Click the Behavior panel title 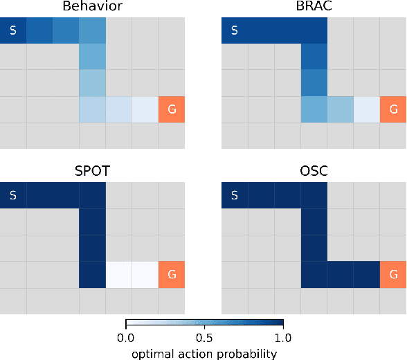[x=92, y=8]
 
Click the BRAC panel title [x=314, y=8]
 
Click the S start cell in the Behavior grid [x=13, y=30]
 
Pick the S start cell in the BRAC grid [x=235, y=30]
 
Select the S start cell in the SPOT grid [x=13, y=195]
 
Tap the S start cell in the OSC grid [x=235, y=195]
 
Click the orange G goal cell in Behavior [x=172, y=109]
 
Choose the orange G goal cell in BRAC [x=393, y=109]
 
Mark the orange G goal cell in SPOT [x=172, y=274]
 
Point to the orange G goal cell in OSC [x=393, y=274]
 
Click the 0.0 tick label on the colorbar [x=125, y=339]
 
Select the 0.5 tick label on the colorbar [x=204, y=339]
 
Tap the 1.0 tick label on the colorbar [x=283, y=339]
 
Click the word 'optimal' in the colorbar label [x=152, y=353]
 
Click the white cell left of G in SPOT [x=145, y=274]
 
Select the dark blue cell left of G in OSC [x=367, y=274]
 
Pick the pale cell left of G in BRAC [x=367, y=109]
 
